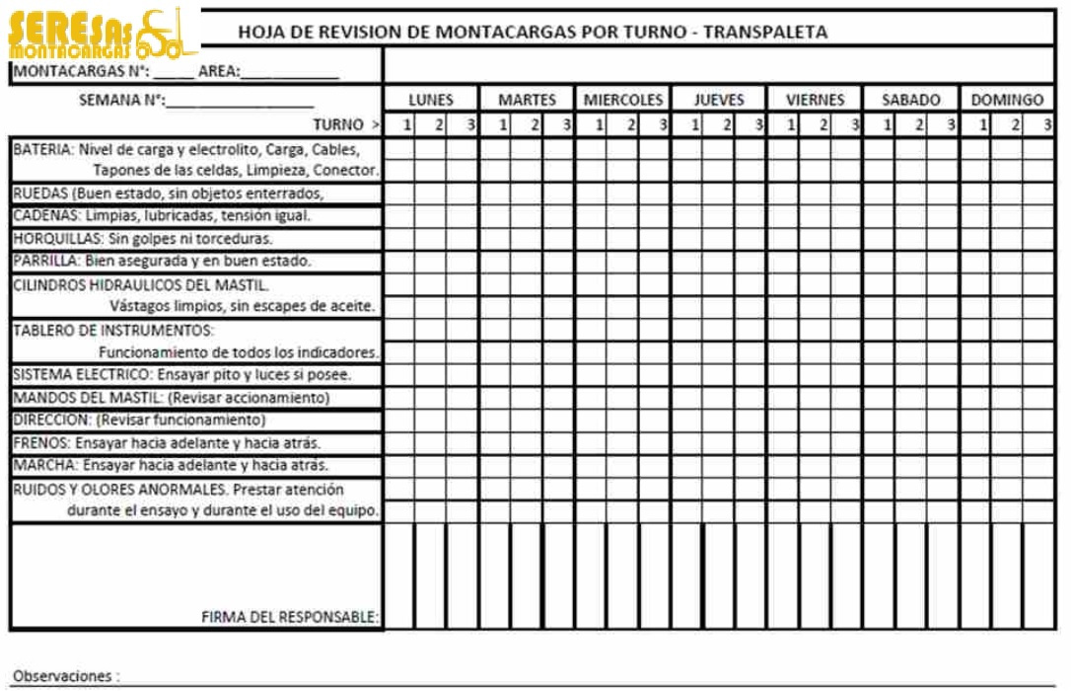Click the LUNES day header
coord(431,100)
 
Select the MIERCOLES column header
coord(623,100)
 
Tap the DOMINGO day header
coord(1007,100)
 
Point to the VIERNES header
coord(816,100)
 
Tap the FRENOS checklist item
coord(41,443)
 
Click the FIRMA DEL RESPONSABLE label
coord(290,617)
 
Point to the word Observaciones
coord(61,676)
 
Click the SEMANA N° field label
coord(121,101)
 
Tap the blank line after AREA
coord(291,72)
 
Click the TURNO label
coord(340,124)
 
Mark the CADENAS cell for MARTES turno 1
coord(495,215)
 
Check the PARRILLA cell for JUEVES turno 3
coord(751,262)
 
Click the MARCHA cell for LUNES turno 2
coord(431,466)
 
